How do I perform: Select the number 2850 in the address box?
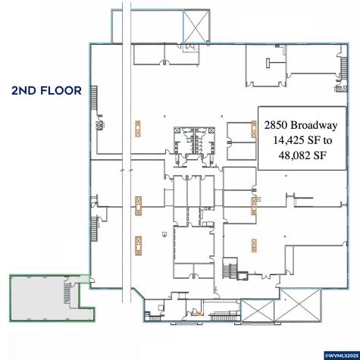coord(275,125)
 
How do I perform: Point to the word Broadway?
coord(314,125)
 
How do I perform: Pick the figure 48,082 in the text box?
coord(294,155)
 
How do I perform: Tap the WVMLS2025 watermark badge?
coord(342,355)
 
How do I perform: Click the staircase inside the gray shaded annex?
coord(67,293)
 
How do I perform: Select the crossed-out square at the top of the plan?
coord(196,26)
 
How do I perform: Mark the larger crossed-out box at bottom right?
coord(300,306)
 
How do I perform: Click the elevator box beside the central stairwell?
coord(243,276)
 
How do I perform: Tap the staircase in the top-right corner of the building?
coord(344,68)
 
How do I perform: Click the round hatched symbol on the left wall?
coord(100,125)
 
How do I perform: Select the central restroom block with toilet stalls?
coord(195,141)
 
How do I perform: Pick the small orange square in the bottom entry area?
coord(199,314)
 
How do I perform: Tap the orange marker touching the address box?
coord(254,130)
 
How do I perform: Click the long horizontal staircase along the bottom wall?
coord(225,316)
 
